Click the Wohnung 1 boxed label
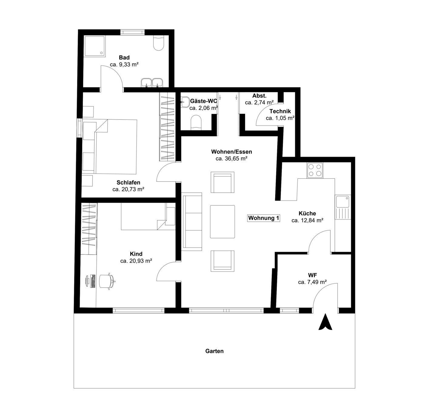pyautogui.click(x=264, y=218)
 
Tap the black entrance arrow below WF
pyautogui.click(x=325, y=322)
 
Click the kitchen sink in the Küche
pyautogui.click(x=342, y=207)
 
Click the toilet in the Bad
pyautogui.click(x=159, y=43)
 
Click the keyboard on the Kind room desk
pyautogui.click(x=93, y=281)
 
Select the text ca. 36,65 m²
pyautogui.click(x=232, y=159)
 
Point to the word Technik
pyautogui.click(x=280, y=111)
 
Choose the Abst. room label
pyautogui.click(x=259, y=96)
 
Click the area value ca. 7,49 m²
pyautogui.click(x=312, y=282)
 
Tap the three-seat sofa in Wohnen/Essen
pyautogui.click(x=192, y=221)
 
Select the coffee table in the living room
pyautogui.click(x=222, y=222)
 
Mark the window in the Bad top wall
pyautogui.click(x=133, y=32)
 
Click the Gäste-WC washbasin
pyautogui.click(x=185, y=102)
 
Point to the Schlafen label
pyautogui.click(x=128, y=183)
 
